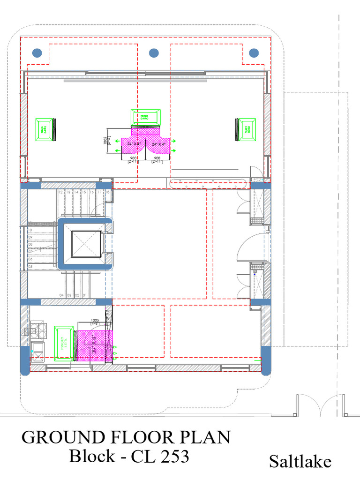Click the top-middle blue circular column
(x=154, y=52)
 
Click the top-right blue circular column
(x=254, y=52)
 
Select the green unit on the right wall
(x=246, y=129)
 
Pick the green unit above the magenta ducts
(x=145, y=118)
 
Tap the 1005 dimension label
(x=105, y=142)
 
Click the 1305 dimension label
(x=94, y=320)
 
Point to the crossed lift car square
(x=85, y=244)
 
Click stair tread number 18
(x=108, y=192)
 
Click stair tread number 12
(x=60, y=192)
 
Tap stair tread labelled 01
(x=85, y=295)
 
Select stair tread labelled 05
(x=30, y=267)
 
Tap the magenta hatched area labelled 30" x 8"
(x=94, y=346)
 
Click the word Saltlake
(x=300, y=461)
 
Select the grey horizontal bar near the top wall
(x=135, y=81)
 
